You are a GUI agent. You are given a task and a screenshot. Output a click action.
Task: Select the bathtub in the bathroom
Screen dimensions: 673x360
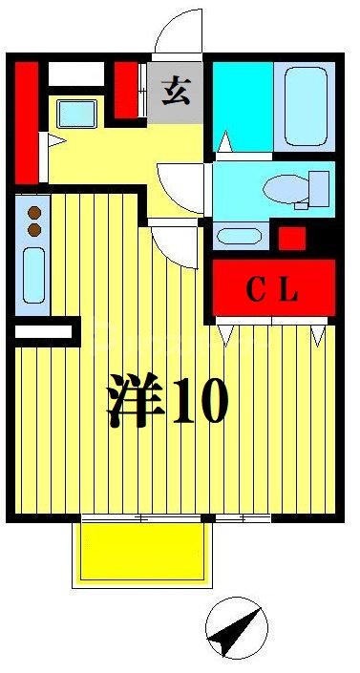(x=306, y=105)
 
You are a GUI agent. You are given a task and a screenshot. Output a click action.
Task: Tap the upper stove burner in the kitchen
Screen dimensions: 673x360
(x=34, y=213)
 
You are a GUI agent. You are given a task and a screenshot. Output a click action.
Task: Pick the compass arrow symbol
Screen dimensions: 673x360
(x=235, y=629)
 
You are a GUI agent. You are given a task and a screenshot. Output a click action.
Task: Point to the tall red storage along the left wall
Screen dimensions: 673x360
(x=27, y=119)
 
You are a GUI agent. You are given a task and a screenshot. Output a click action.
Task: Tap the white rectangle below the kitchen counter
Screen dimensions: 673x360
(x=44, y=332)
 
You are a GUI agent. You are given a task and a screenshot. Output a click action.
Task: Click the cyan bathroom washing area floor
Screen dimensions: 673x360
(x=242, y=105)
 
